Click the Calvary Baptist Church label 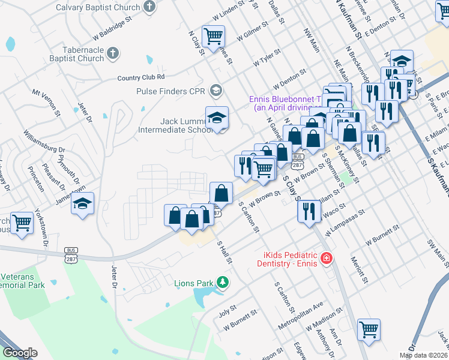pyautogui.click(x=98, y=8)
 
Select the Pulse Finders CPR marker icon pyautogui.click(x=216, y=91)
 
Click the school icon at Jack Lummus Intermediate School pyautogui.click(x=217, y=117)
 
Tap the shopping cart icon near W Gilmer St pyautogui.click(x=213, y=36)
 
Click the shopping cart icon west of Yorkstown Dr pyautogui.click(x=22, y=223)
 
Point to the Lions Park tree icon pyautogui.click(x=223, y=282)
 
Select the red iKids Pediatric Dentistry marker pyautogui.click(x=325, y=259)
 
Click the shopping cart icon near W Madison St pyautogui.click(x=369, y=329)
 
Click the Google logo pyautogui.click(x=20, y=352)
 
